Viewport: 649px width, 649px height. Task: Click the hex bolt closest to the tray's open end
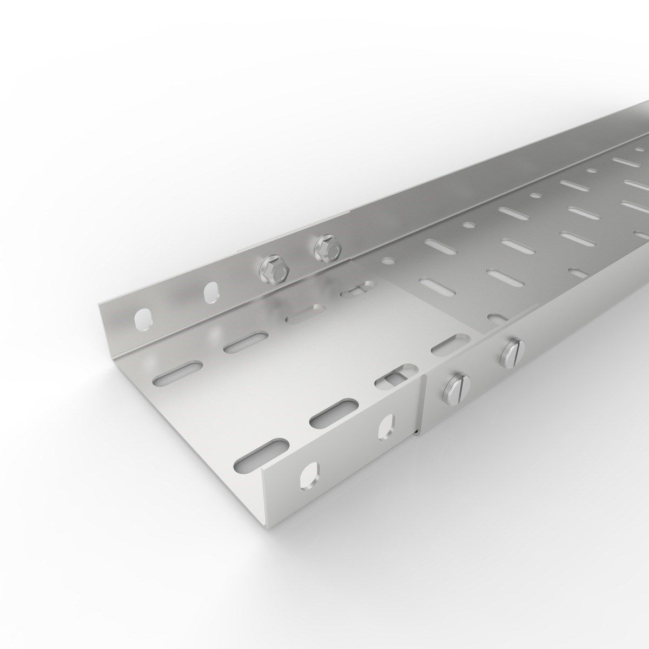click(272, 269)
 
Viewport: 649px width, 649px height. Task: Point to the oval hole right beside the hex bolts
click(211, 293)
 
